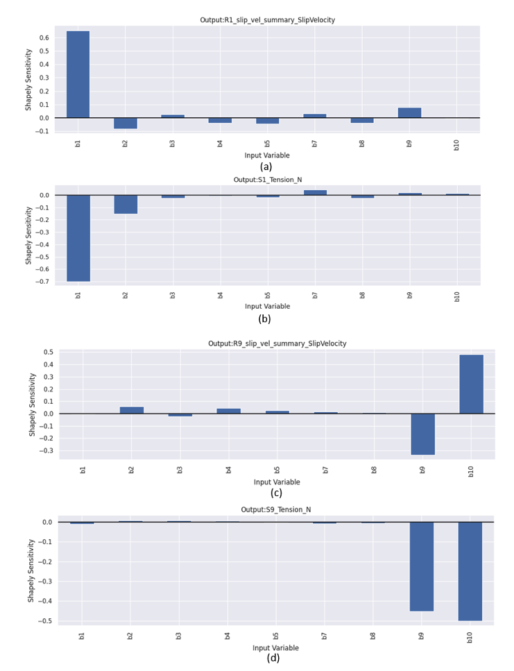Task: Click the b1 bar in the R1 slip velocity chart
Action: pos(78,74)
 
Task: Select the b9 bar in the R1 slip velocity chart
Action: pos(409,112)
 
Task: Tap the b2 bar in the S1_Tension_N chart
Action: pos(126,204)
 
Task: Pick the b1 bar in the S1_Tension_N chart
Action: pos(78,238)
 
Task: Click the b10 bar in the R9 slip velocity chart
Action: pos(471,384)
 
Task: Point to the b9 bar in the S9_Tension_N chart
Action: pos(421,566)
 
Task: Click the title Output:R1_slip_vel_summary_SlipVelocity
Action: pos(267,20)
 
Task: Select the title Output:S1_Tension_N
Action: pos(267,180)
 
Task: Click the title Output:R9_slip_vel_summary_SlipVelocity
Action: pos(277,343)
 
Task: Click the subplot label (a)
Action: pos(266,167)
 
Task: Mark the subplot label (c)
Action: pos(276,493)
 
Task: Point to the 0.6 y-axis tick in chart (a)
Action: pos(44,37)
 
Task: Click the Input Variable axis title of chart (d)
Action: pos(275,648)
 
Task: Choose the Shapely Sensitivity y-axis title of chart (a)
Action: pos(28,79)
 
